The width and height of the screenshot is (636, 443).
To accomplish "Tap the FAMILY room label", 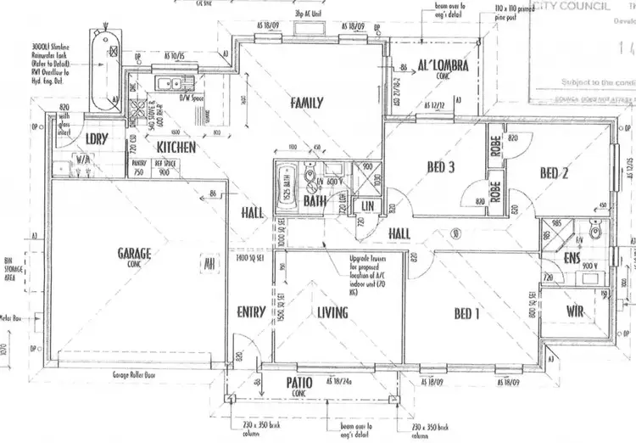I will (306, 103).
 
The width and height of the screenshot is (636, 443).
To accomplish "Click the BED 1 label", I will (466, 314).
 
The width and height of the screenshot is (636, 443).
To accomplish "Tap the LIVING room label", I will (332, 313).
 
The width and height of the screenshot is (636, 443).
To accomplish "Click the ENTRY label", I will (251, 311).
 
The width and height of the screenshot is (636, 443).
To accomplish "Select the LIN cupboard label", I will (366, 205).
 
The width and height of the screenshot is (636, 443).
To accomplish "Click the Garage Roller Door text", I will (137, 373).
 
